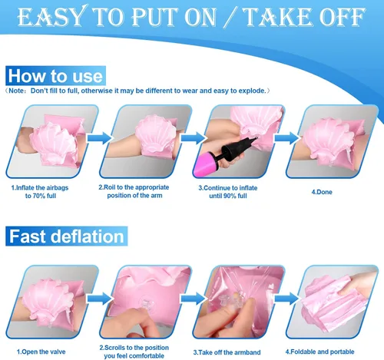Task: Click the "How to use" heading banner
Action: coord(55,76)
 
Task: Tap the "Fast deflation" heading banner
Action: coord(67,236)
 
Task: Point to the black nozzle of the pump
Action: coord(239,148)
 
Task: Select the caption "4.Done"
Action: coord(322,192)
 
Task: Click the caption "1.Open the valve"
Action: coord(41,352)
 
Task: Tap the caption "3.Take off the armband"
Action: coord(227,352)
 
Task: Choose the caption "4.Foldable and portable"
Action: coord(320,352)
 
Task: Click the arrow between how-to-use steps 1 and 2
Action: coord(99,138)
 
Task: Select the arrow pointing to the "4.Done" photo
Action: coord(286,138)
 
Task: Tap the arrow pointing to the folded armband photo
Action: coord(286,299)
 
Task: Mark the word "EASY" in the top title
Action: coord(51,17)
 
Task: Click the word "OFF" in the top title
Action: coord(342,17)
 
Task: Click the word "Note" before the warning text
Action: coord(17,91)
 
